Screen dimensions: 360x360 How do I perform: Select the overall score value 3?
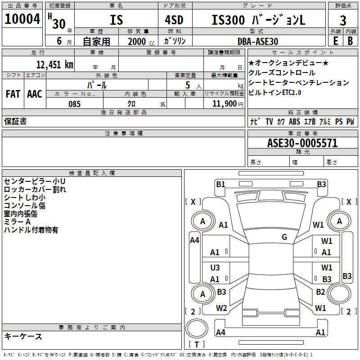343,20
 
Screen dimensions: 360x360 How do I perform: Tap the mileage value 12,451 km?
54,64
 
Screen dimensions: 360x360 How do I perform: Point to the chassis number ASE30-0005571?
302,144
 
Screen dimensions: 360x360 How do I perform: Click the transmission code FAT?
13,94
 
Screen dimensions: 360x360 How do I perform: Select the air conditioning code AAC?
34,94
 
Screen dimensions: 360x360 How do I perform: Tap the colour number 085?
75,104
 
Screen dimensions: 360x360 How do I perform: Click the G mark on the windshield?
284,237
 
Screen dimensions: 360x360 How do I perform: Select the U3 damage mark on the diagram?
215,268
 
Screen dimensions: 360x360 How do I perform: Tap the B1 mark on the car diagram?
220,184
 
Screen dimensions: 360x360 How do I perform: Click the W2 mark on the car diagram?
221,308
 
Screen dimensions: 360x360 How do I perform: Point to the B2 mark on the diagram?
320,292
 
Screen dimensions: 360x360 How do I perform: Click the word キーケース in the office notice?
23,337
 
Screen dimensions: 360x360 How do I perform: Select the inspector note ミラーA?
17,222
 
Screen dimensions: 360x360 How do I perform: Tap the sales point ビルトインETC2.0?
275,93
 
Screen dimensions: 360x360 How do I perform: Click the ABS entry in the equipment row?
294,121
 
